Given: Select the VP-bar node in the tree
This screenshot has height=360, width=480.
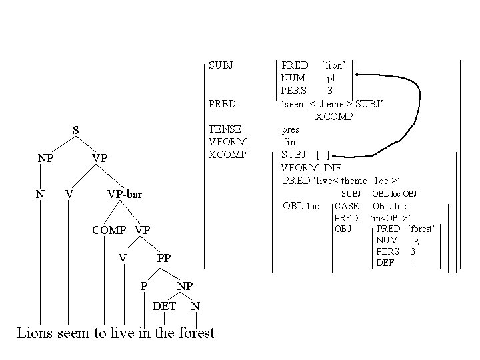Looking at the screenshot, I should click(125, 194).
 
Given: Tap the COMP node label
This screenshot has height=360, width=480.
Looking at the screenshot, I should click(109, 230).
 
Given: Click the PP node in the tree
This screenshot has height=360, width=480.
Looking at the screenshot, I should click(163, 258).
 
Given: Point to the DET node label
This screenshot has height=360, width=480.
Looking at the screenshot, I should click(165, 306).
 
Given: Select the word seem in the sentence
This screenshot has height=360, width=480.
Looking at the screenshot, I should click(75, 333).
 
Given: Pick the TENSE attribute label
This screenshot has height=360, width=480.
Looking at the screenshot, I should click(225, 129).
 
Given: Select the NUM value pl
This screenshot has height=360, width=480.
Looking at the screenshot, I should click(331, 78).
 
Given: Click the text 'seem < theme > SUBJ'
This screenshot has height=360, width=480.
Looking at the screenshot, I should click(332, 103).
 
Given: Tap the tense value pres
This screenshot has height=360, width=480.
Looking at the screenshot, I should click(291, 129).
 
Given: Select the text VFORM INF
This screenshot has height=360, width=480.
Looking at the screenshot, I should click(311, 167).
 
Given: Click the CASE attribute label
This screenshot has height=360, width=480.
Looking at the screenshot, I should click(346, 206).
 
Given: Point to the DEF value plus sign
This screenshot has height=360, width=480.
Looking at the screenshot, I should click(413, 263).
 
